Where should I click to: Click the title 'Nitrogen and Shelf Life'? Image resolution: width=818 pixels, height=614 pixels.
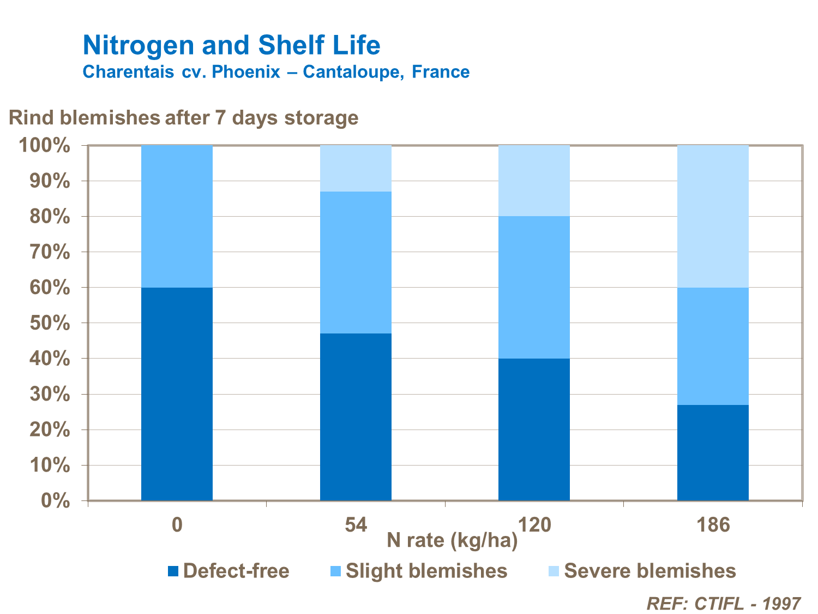pos(231,45)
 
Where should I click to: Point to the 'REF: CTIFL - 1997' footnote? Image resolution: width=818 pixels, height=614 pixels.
pos(723,604)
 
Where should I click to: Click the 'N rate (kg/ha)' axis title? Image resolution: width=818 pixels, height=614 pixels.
pos(452,540)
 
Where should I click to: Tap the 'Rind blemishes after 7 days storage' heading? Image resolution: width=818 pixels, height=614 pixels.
pos(183,118)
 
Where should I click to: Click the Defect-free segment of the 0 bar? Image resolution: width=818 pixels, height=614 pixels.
pos(177,394)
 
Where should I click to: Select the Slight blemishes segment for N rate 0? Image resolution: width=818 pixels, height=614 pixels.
pos(177,216)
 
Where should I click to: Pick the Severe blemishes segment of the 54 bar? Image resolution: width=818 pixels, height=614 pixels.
pos(356,169)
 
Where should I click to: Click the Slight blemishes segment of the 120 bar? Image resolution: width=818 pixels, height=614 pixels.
pos(534,287)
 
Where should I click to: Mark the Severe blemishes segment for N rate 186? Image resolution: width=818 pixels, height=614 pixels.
pos(713,216)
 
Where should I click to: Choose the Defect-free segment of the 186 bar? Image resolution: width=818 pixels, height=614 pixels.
pos(713,452)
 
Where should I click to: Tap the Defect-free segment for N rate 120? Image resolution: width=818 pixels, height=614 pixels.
pos(534,430)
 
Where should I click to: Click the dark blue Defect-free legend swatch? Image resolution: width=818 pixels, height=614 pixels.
pos(173,571)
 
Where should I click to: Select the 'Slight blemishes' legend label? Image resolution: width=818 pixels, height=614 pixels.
pos(426,571)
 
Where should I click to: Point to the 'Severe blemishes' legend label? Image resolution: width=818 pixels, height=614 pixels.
pos(650,571)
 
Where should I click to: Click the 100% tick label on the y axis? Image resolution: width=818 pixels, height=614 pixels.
pos(45,146)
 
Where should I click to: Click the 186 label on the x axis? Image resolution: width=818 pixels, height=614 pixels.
pos(713,525)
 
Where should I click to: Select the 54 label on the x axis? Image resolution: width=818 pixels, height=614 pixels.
pos(356,525)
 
